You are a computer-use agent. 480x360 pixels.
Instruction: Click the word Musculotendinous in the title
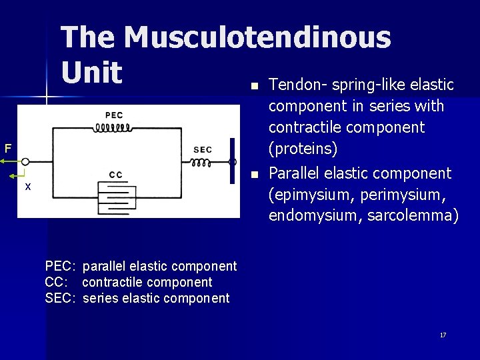pyautogui.click(x=257, y=37)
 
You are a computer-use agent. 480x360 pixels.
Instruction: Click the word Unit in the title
pyautogui.click(x=91, y=73)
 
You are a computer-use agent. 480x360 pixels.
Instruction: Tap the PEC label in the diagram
pyautogui.click(x=114, y=115)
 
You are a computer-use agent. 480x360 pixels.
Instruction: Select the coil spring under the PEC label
pyautogui.click(x=115, y=127)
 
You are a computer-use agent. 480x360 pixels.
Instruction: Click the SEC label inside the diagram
pyautogui.click(x=203, y=149)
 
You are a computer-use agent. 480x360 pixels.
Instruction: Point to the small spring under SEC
pyautogui.click(x=202, y=163)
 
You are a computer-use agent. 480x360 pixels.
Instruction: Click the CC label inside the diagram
pyautogui.click(x=115, y=175)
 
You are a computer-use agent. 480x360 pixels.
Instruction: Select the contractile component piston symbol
pyautogui.click(x=116, y=197)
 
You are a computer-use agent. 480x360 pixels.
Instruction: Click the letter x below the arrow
pyautogui.click(x=27, y=187)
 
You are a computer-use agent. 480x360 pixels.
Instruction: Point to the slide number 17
pyautogui.click(x=443, y=335)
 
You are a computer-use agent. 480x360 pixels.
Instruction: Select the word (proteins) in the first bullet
pyautogui.click(x=301, y=147)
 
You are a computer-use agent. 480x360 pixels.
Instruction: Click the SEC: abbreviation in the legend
pyautogui.click(x=61, y=299)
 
